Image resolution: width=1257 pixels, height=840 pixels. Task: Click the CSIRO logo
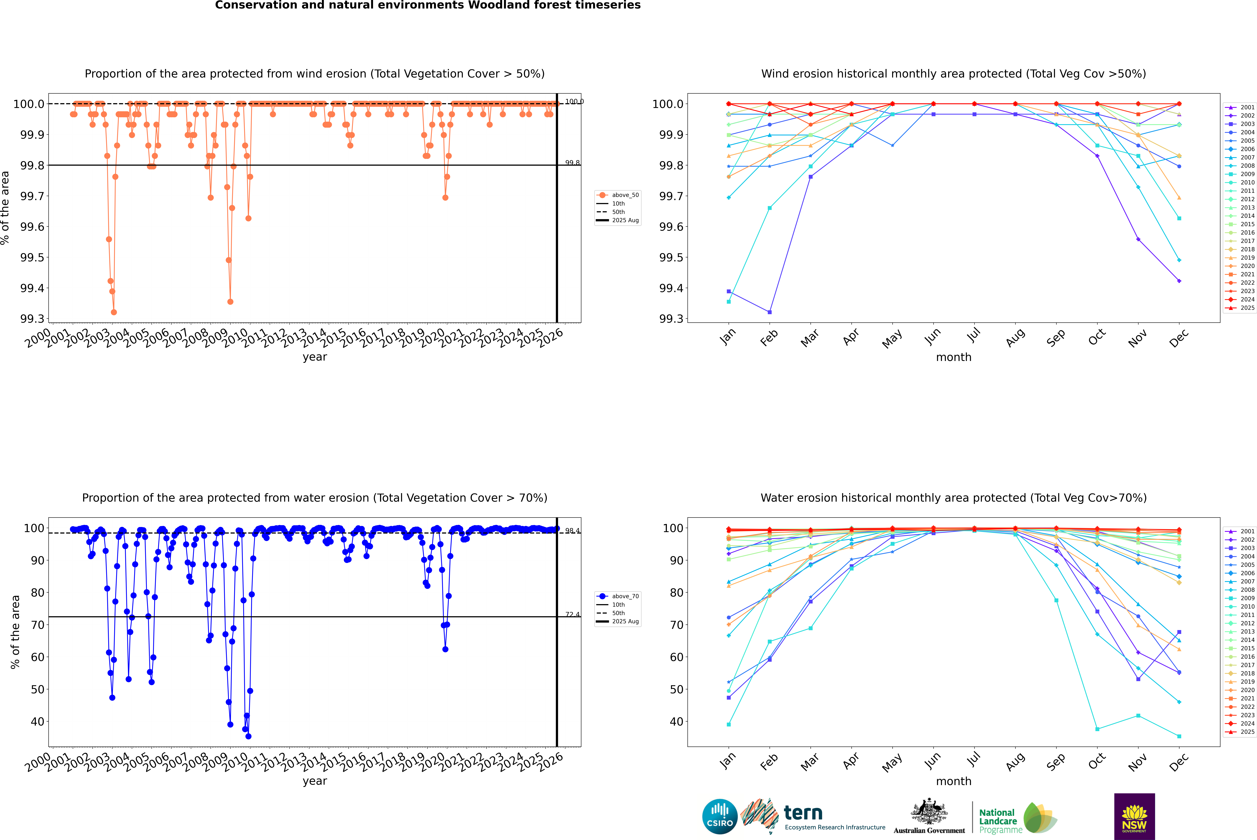tap(720, 816)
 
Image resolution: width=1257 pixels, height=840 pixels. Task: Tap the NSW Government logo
tap(1134, 816)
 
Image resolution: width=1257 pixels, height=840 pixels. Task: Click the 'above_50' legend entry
tap(625, 195)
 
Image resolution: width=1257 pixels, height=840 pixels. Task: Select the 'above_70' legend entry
tap(625, 596)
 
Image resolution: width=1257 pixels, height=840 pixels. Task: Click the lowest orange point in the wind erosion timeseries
tap(114, 312)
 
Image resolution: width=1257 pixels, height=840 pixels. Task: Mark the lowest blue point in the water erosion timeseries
tap(248, 737)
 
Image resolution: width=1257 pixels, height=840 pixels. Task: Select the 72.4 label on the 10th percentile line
tap(572, 615)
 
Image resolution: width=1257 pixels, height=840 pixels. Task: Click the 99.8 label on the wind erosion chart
tap(572, 163)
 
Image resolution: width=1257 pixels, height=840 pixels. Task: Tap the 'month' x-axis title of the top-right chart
tap(953, 357)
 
